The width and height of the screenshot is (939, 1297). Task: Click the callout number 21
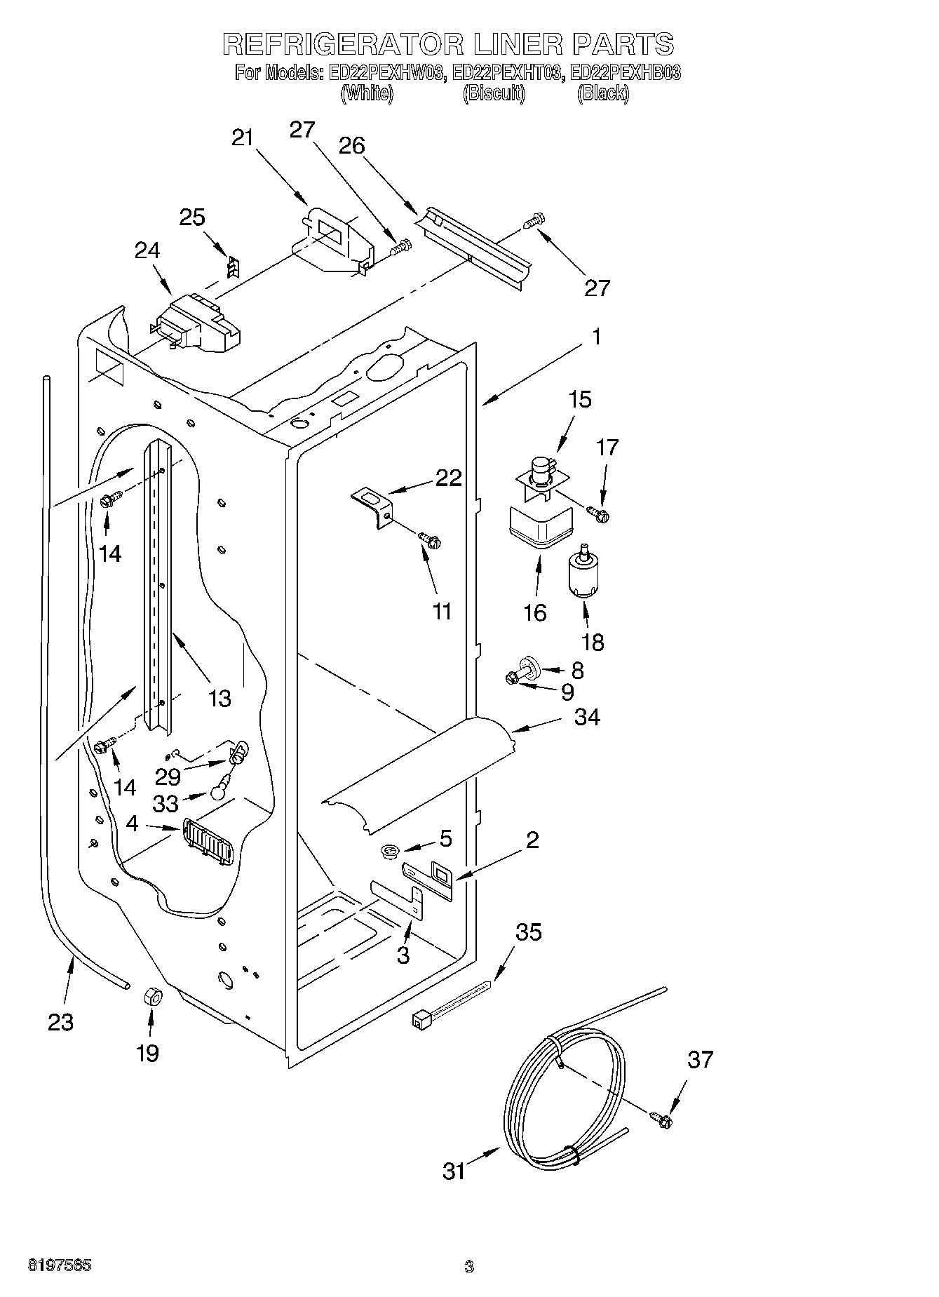(x=242, y=138)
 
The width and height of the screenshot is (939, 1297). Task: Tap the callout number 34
(x=587, y=717)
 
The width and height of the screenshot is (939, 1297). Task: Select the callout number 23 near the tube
(x=60, y=1022)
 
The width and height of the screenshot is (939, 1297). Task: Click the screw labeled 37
(x=661, y=1121)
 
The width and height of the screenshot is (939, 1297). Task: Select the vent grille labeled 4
(x=208, y=840)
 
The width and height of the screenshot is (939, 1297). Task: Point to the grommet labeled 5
(x=390, y=852)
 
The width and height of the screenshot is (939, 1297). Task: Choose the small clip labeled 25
(x=234, y=267)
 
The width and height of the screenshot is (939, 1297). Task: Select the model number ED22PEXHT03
(x=508, y=72)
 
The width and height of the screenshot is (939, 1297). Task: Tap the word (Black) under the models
(x=602, y=93)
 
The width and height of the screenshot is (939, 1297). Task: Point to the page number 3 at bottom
(x=468, y=1266)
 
